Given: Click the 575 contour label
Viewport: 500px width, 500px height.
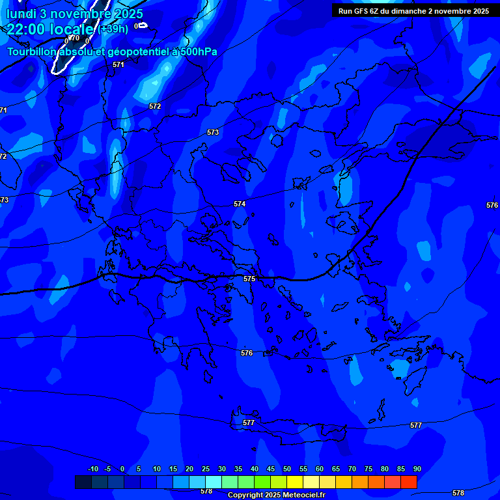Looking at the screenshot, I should coord(249,279).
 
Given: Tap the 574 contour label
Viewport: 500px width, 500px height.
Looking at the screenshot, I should coord(240,204).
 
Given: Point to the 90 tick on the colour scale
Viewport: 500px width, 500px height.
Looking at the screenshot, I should coord(417,469).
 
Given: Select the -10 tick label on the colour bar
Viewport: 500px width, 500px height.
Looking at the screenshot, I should coord(93,469).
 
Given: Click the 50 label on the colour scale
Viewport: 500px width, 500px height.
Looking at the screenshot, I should coord(287,469).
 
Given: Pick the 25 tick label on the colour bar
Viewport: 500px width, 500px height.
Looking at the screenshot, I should coord(206,469).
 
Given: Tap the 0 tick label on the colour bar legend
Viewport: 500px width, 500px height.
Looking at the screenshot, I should coord(122,469).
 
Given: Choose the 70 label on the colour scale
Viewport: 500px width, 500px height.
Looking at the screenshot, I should coord(352,469).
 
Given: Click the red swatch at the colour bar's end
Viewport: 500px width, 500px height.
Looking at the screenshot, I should coord(409,482).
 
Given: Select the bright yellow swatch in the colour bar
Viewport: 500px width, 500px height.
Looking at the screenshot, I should coord(295,482).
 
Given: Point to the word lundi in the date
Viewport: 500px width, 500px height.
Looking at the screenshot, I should coord(21,14).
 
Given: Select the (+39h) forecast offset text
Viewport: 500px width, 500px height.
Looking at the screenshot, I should coord(113,29).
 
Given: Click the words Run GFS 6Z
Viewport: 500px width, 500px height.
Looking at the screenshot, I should coord(358,11).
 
